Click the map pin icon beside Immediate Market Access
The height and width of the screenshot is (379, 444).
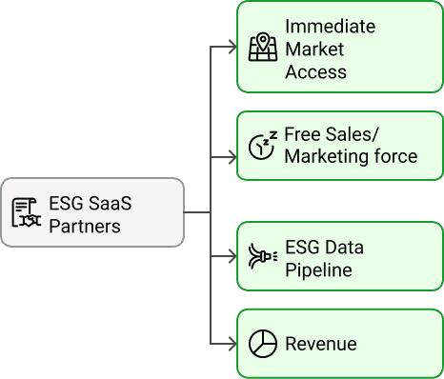(262, 49)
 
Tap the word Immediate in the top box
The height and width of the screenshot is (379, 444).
(330, 26)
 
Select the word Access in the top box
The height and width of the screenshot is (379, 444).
(315, 71)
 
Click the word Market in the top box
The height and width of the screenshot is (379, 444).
(314, 49)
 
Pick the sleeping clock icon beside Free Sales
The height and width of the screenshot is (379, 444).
(261, 146)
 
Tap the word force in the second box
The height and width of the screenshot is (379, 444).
(393, 156)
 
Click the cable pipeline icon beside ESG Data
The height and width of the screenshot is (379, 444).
(262, 258)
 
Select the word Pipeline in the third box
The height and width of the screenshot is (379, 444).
(318, 270)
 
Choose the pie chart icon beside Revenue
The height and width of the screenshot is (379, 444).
(262, 344)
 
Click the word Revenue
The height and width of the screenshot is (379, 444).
(321, 344)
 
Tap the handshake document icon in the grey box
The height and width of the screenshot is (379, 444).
(26, 211)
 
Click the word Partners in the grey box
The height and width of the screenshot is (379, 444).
(85, 226)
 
